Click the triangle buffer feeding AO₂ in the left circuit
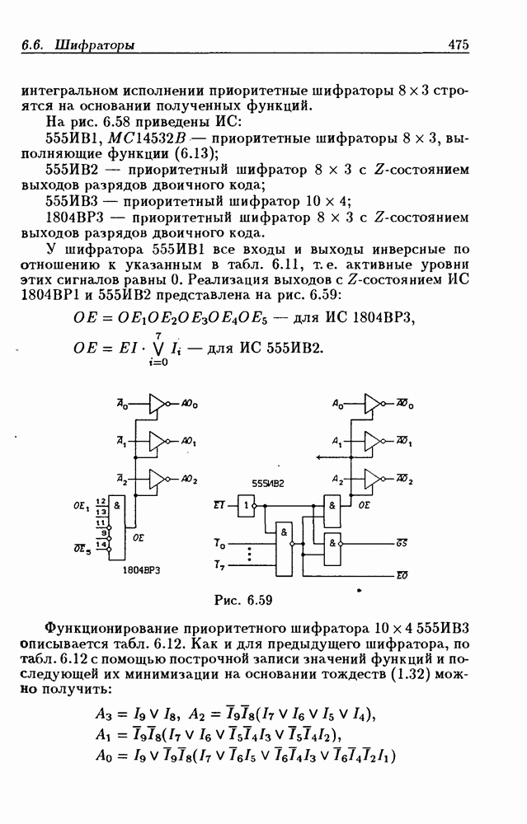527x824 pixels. click(x=158, y=479)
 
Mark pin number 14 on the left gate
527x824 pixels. click(x=101, y=545)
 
